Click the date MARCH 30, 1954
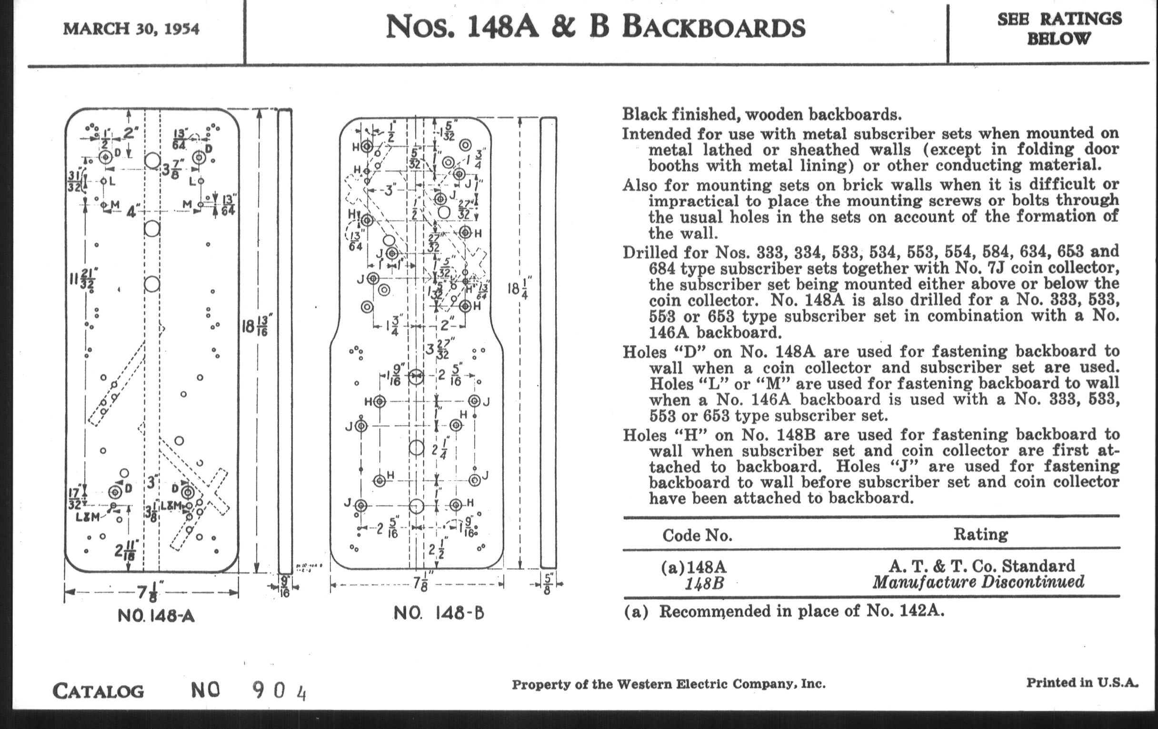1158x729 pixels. tap(131, 29)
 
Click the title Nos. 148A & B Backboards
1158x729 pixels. tap(595, 28)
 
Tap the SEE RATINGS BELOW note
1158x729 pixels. tap(1059, 29)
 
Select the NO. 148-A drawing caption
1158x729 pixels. tap(156, 616)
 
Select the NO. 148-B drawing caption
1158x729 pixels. tap(439, 613)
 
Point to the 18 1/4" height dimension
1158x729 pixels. tap(519, 289)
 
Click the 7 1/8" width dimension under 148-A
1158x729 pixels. tap(150, 592)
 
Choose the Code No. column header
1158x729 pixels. tap(697, 536)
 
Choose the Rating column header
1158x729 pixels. tap(980, 534)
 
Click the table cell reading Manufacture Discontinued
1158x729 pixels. tap(978, 582)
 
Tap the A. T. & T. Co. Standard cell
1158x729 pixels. tap(981, 566)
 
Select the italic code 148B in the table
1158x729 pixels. tap(704, 584)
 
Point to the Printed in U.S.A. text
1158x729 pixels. tap(1082, 682)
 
